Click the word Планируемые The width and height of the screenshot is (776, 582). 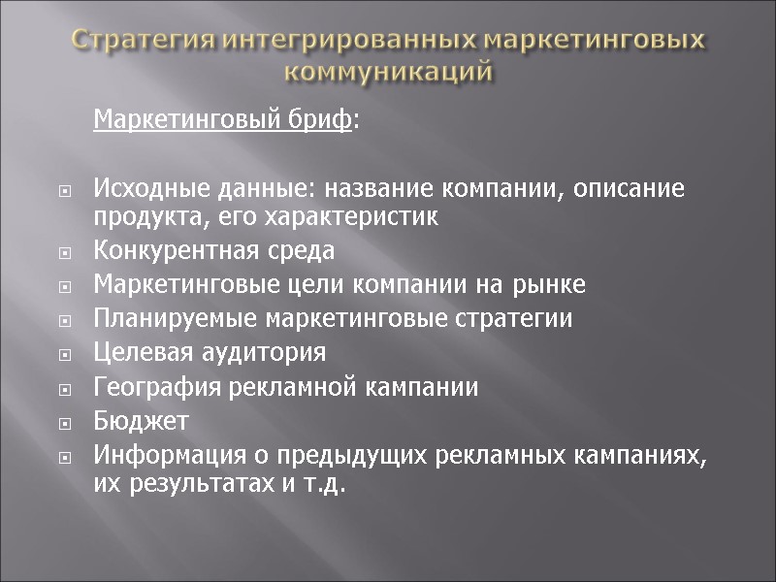point(161,319)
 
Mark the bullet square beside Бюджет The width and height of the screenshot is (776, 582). point(65,423)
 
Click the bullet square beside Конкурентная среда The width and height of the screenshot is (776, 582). point(65,254)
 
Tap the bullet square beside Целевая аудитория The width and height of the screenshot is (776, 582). point(65,355)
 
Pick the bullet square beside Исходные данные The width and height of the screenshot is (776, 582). point(65,191)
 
